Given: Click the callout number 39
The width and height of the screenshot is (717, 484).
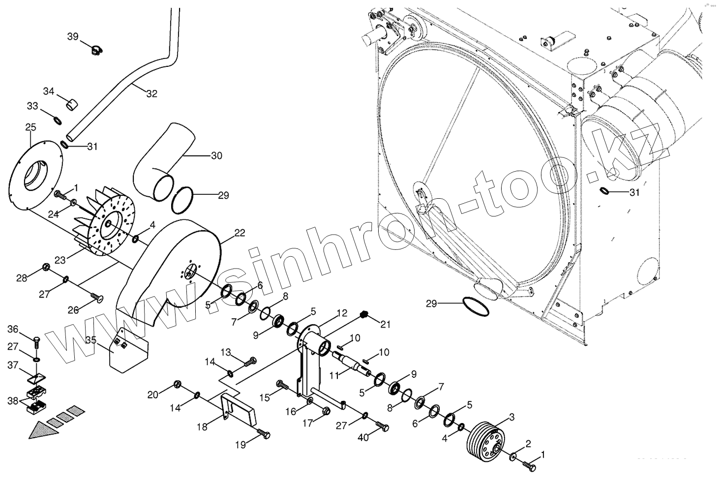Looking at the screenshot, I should pos(72,37).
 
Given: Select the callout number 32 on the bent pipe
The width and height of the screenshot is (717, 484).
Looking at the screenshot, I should pos(152,93).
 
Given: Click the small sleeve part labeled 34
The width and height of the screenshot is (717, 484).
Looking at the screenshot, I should pos(73,104).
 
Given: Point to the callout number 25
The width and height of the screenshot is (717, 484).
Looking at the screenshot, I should pos(30,127).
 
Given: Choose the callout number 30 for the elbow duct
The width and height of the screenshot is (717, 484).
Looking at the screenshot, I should pos(216,156).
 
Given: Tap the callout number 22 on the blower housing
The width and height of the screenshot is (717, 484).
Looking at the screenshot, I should pos(239,233).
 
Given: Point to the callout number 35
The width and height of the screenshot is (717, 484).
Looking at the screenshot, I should pos(91,340).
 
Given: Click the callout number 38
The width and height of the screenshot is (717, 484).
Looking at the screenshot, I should pos(12,400).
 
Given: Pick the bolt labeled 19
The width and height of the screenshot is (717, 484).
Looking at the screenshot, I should pos(265,435).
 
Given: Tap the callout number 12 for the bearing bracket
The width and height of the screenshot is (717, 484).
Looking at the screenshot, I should pos(342,312).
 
